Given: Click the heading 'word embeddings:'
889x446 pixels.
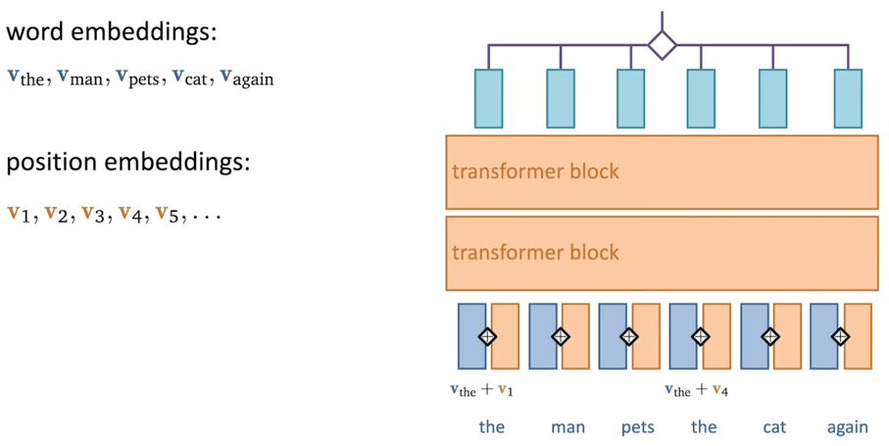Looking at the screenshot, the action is pos(112,32).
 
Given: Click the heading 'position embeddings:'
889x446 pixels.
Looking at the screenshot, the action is pos(128,163).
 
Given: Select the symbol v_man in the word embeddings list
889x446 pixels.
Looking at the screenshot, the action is pos(80,77).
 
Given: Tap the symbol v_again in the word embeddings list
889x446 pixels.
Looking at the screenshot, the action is pos(247,78).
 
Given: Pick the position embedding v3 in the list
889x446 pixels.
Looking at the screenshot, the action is pos(93,214).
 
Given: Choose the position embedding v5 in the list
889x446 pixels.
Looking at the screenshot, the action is pos(168,214).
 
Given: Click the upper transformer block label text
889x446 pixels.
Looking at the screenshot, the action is pos(535,172).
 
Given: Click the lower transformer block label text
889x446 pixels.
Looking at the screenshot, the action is pos(535,252).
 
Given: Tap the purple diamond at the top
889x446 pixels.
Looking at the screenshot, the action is pos(663,45).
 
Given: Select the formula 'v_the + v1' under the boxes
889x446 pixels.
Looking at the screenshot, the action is pos(482,390).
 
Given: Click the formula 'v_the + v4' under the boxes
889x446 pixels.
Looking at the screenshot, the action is pos(696,390).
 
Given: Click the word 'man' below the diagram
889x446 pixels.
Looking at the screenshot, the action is pos(568,427).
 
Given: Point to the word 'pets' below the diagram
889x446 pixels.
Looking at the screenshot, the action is pos(638,427).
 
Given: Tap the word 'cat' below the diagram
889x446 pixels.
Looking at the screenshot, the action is pos(774,427).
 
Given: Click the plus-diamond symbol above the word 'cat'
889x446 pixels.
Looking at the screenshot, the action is pos(770,336).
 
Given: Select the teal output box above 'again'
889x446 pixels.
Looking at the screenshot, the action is pos(848,99).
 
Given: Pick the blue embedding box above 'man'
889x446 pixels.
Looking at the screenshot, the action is pos(543,336).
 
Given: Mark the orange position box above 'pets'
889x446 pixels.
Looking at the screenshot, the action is pos(646,336).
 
